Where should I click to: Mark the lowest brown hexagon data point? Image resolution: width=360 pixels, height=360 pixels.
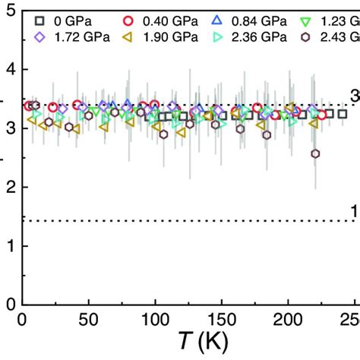[x=316, y=153]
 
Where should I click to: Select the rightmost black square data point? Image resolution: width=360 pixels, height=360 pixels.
[x=343, y=113]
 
